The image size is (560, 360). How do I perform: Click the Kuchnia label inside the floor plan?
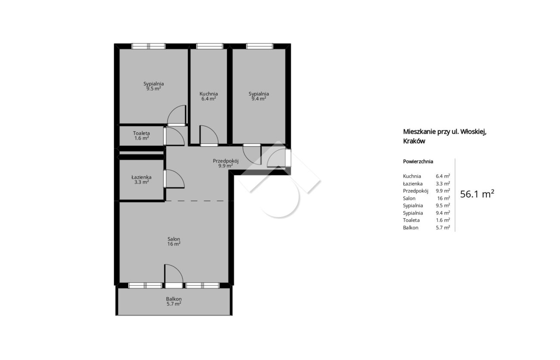208,94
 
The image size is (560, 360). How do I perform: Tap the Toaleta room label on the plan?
141,133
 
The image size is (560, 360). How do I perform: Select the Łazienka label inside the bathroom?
141,177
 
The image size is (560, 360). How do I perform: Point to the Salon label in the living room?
174,239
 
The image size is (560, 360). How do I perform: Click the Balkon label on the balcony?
174,299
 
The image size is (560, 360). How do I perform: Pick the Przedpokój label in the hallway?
225,161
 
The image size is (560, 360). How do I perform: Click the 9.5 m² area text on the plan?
153,89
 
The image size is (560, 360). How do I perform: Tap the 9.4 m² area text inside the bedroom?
259,99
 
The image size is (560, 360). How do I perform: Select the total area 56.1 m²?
477,194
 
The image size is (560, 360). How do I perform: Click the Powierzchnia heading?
418,161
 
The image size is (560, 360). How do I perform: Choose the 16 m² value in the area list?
444,198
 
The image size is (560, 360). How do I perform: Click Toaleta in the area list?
411,220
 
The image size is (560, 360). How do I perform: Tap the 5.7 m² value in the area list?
443,227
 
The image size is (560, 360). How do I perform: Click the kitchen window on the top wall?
209,46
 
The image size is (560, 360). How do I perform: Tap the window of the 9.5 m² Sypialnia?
149,46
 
